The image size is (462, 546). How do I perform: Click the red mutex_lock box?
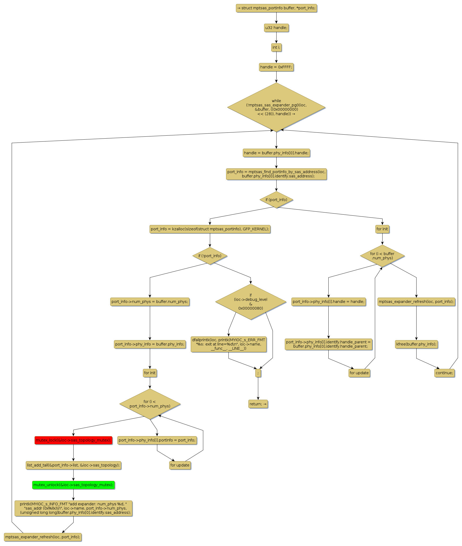tap(73, 440)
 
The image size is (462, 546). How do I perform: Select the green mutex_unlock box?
tap(73, 485)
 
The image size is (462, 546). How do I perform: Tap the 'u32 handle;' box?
tap(276, 28)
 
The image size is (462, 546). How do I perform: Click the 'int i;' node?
tap(276, 47)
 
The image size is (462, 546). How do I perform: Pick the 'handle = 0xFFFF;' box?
tap(276, 67)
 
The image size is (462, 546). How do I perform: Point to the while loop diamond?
tap(276, 107)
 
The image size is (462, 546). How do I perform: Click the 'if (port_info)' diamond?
tap(276, 200)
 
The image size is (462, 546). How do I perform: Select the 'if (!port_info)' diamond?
tap(210, 256)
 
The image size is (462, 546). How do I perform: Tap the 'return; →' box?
tap(258, 404)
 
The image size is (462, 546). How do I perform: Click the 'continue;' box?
tap(444, 373)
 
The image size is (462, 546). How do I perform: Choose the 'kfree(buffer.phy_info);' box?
tap(416, 344)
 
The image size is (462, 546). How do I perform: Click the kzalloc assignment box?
tap(210, 229)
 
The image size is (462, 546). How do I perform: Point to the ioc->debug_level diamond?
tap(251, 302)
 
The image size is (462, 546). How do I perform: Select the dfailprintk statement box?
tap(228, 344)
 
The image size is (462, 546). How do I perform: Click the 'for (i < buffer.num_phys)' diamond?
tap(382, 256)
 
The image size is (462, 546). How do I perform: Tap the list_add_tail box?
tap(73, 465)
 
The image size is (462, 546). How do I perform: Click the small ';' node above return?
tap(258, 373)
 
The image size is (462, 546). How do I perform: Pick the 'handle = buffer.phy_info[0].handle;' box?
tap(276, 153)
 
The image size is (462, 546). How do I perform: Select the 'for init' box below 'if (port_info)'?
tap(382, 229)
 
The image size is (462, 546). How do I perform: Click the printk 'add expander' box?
tap(73, 508)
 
